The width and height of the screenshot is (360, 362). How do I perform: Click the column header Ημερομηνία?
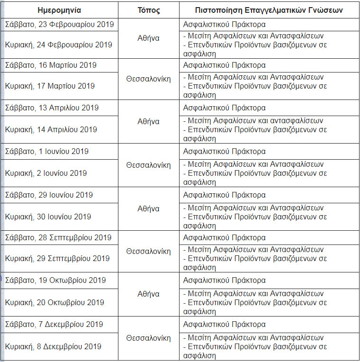[59, 10]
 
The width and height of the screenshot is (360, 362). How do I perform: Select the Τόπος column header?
[148, 10]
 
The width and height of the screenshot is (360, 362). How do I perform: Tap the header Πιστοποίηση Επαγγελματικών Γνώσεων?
[269, 10]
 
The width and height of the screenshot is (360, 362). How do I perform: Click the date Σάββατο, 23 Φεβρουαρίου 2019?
[60, 24]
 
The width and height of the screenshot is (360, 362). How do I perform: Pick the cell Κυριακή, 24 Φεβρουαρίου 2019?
[59, 45]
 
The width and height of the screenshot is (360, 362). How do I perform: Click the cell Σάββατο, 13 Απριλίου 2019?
[52, 108]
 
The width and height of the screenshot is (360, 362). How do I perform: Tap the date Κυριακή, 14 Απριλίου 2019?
[51, 129]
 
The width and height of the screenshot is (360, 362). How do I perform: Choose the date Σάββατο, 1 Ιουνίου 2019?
[47, 152]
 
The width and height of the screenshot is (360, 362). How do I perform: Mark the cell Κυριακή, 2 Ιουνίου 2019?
[46, 173]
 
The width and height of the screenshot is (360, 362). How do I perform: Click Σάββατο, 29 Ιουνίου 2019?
[49, 195]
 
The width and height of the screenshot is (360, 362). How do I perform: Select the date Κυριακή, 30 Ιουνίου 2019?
[48, 217]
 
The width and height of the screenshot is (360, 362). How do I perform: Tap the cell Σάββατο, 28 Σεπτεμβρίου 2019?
[58, 237]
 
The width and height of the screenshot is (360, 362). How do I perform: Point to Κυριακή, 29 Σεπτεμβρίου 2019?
[57, 259]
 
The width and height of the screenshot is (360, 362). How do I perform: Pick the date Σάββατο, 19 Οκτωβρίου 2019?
[55, 281]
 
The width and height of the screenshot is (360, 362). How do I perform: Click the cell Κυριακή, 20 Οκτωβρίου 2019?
[54, 302]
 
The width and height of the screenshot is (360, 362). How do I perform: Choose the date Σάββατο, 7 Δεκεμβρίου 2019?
[54, 325]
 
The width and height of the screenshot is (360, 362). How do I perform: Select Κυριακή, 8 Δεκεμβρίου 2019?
[53, 346]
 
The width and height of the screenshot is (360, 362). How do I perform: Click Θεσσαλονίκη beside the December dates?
[148, 338]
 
